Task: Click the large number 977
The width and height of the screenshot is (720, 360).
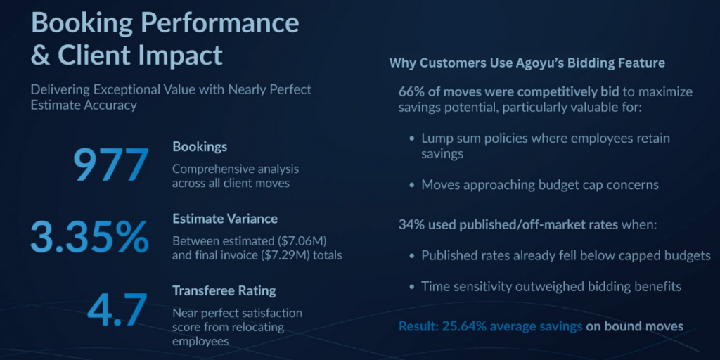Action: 110,165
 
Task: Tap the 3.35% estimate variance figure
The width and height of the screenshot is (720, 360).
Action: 90,237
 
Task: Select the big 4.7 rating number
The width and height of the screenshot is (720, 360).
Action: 117,309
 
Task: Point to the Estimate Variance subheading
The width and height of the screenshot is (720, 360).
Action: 225,219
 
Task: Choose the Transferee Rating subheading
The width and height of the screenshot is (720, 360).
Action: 224,290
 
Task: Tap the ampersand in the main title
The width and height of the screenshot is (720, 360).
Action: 40,55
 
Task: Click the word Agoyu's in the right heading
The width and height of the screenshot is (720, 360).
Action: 527,63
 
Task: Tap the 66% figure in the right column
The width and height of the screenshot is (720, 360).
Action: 410,92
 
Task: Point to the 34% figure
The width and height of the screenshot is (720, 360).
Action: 410,226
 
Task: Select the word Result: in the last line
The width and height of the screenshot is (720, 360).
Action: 418,326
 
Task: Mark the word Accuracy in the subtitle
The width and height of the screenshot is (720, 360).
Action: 112,105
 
